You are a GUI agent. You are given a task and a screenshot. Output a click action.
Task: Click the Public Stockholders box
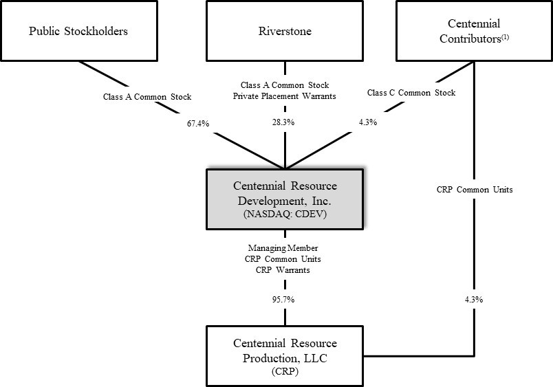coord(78,31)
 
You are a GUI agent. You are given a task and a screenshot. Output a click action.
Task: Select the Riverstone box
coord(284,31)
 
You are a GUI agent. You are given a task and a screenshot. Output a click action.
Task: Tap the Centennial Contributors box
coord(473,31)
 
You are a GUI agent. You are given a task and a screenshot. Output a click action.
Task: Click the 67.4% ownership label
coord(197,123)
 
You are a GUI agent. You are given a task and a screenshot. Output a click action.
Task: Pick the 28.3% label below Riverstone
coord(284,123)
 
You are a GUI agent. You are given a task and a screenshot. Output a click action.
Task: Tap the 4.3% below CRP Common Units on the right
coord(473,300)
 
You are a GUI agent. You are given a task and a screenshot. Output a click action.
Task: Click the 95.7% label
coord(284,300)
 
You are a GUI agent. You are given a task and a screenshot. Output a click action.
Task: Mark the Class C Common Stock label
coord(411,93)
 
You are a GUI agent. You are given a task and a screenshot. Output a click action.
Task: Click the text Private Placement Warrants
coord(284,96)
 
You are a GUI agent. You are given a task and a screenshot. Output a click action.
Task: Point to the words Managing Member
coord(284,247)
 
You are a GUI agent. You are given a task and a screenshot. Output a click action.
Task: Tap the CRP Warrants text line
coord(284,270)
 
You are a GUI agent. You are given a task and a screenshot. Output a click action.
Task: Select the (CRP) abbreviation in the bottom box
coord(284,371)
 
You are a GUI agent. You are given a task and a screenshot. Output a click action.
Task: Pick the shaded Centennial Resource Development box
coord(284,199)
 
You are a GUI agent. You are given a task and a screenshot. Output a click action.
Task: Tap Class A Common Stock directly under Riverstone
coord(284,85)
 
